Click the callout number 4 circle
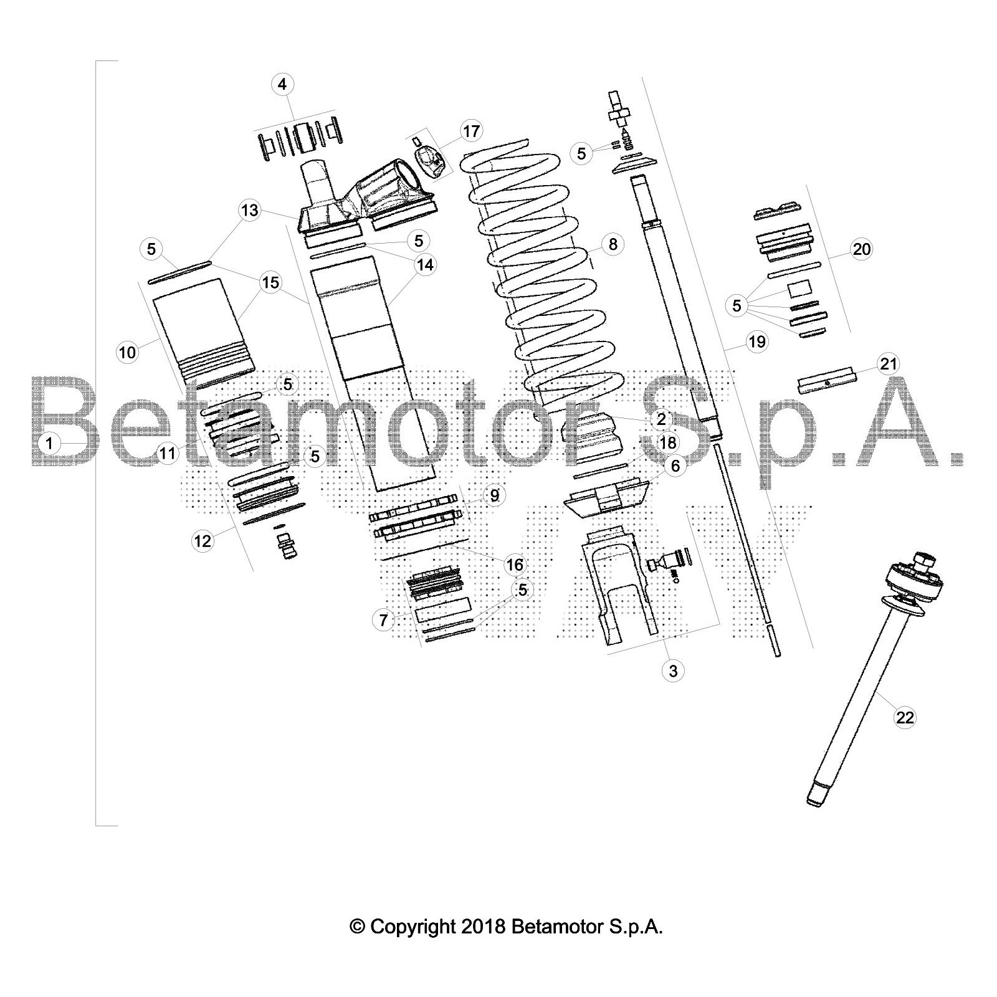click(x=283, y=84)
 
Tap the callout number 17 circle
click(x=472, y=131)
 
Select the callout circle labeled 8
click(x=613, y=244)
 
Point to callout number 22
click(x=905, y=718)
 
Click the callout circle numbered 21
click(x=889, y=363)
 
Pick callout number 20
click(x=862, y=250)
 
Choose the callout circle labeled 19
click(x=757, y=341)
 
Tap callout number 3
click(x=673, y=671)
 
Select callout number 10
click(x=127, y=353)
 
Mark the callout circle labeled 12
click(x=203, y=541)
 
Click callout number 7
click(x=383, y=620)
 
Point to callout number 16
click(x=515, y=565)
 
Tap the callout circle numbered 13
click(x=250, y=211)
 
